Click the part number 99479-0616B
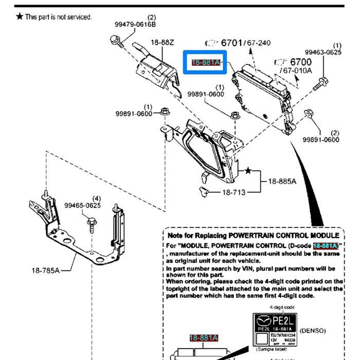point(135,24)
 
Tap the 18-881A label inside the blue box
point(206,63)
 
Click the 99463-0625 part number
point(323,52)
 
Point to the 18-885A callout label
point(282,181)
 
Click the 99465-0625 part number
point(83,205)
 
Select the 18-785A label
point(45,270)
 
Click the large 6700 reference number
point(301,62)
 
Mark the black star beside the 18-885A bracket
point(248,170)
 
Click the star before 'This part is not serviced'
point(19,17)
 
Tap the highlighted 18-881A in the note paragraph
point(325,246)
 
